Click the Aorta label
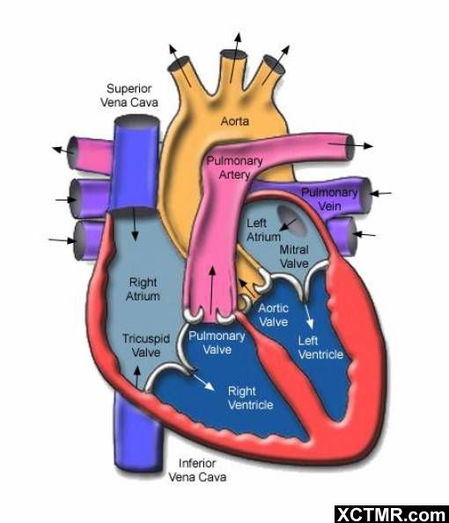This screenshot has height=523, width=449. coord(235,122)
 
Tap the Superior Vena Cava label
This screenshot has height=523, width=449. coord(129,95)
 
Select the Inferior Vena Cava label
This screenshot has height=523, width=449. coord(197,470)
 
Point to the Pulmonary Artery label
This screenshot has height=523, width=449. coord(234,168)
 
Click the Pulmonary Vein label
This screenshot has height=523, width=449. coord(329,199)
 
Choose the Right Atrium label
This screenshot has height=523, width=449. coord(144,289)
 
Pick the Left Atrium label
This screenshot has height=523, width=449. coord(263,230)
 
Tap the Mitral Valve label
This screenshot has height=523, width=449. coord(294,256)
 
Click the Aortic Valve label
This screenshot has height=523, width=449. coord(274,315)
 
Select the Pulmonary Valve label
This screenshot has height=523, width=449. coord(217,343)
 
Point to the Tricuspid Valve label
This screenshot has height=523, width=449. coord(146,345)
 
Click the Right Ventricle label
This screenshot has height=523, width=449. coord(251,398)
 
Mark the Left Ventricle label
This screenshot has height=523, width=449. coord(320,348)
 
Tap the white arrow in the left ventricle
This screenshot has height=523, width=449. coord(309,316)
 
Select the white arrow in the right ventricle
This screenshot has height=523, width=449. coord(202,381)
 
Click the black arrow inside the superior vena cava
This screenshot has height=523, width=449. coord(135,225)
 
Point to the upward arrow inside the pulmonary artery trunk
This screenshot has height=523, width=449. coord(212,290)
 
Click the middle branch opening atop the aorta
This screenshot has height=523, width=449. coord(234,55)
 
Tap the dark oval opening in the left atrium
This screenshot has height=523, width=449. coord(291,219)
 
